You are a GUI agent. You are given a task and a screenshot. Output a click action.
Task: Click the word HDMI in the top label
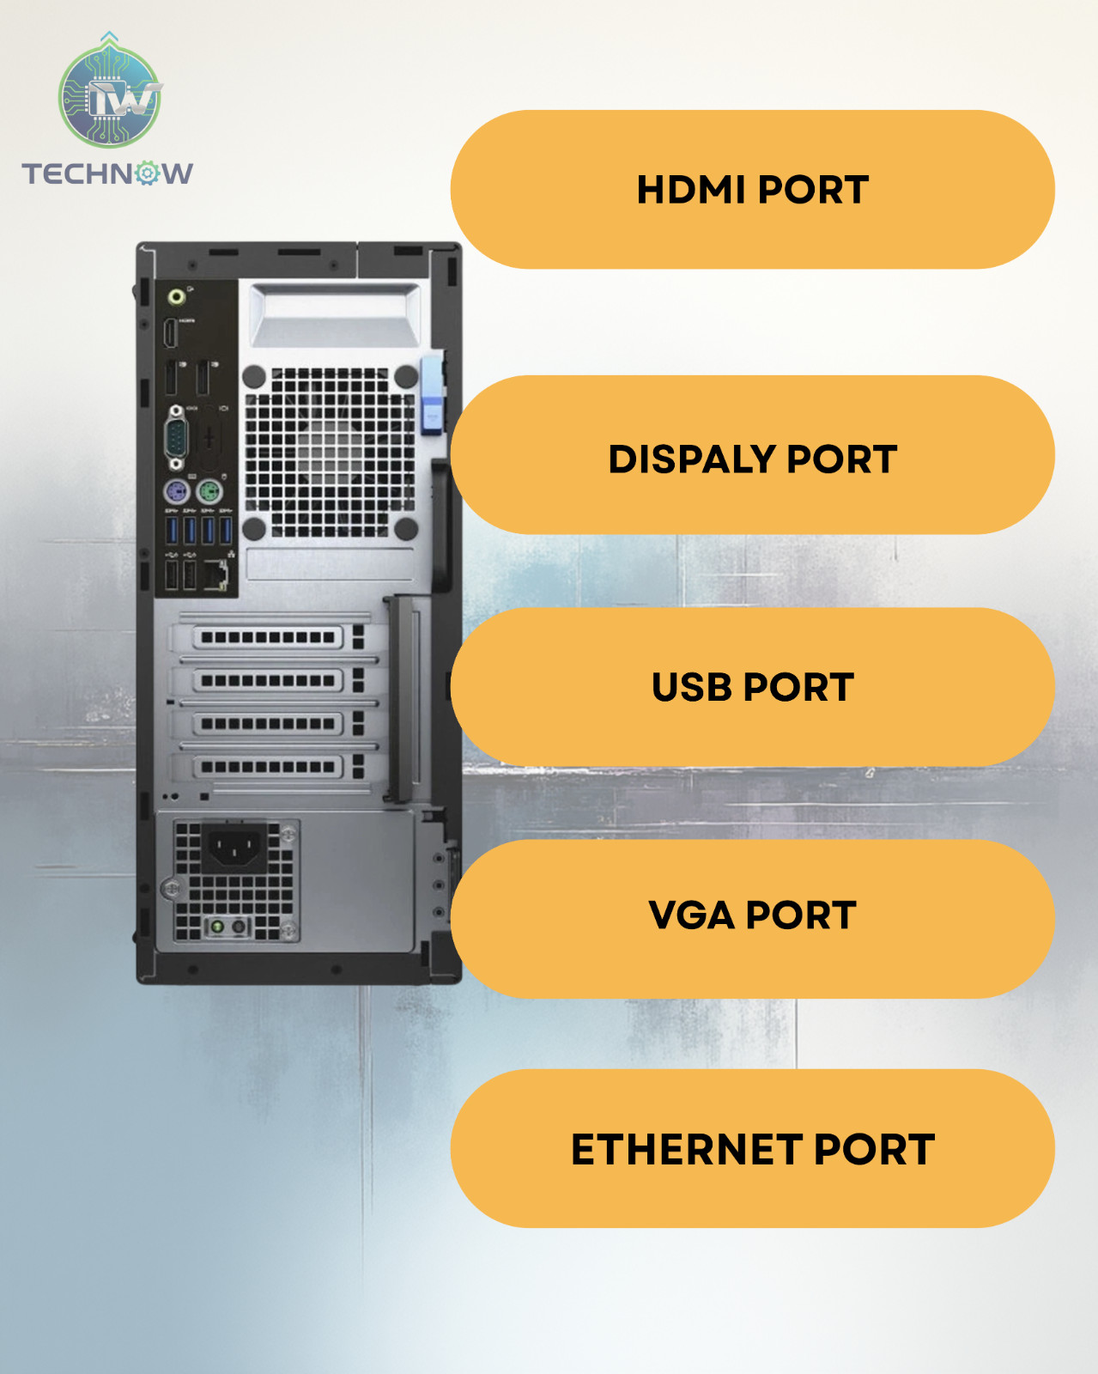pyautogui.click(x=691, y=190)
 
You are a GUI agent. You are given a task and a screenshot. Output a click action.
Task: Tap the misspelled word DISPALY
pyautogui.click(x=692, y=459)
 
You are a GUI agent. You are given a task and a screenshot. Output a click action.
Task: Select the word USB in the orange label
pyautogui.click(x=692, y=687)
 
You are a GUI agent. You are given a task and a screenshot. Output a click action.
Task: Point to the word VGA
pyautogui.click(x=691, y=915)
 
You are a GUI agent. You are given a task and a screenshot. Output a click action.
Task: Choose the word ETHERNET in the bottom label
pyautogui.click(x=687, y=1150)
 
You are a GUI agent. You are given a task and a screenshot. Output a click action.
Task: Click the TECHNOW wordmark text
pyautogui.click(x=107, y=173)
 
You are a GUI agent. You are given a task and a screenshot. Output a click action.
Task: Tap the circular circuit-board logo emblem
pyautogui.click(x=109, y=97)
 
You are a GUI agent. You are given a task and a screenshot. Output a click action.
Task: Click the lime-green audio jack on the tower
pyautogui.click(x=176, y=296)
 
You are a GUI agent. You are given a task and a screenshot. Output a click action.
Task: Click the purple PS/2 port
pyautogui.click(x=177, y=492)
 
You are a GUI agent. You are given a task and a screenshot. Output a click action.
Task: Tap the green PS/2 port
pyautogui.click(x=209, y=492)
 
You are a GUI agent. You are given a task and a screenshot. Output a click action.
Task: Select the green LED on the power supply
pyautogui.click(x=217, y=927)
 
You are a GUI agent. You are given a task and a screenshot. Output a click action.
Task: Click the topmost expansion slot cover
pyautogui.click(x=268, y=637)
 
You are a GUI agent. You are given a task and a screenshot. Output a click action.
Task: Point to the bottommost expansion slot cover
pyautogui.click(x=268, y=767)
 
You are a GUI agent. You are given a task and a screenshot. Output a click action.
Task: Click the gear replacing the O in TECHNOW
pyautogui.click(x=148, y=173)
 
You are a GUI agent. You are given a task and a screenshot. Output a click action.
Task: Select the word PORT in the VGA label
pyautogui.click(x=801, y=915)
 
